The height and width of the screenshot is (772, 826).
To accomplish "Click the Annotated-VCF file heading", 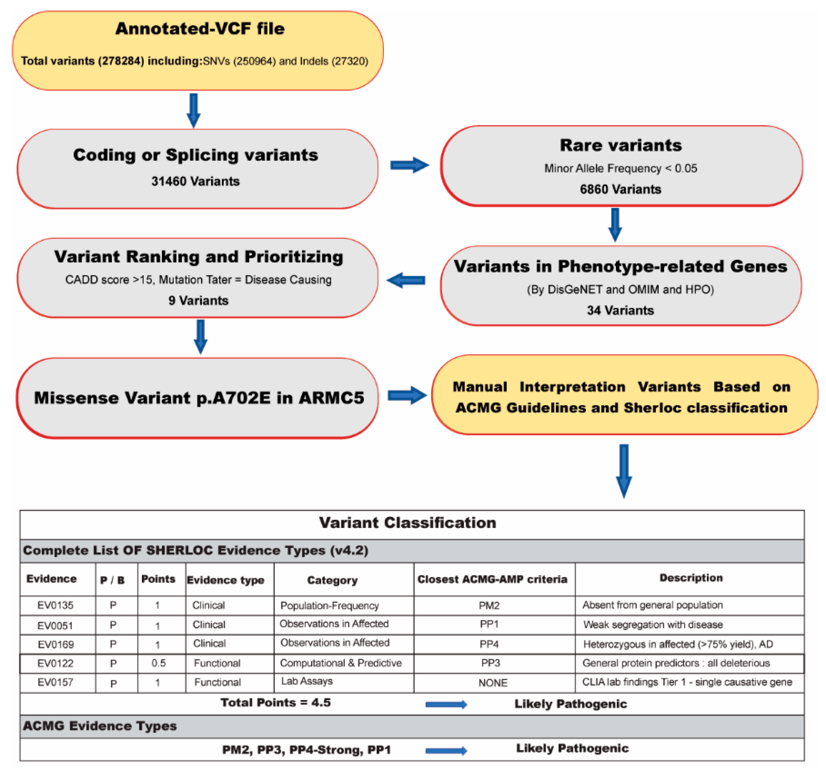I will click(200, 29).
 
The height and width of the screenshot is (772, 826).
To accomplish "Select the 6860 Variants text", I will click(620, 189).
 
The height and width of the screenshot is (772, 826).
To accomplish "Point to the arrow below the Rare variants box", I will click(615, 224).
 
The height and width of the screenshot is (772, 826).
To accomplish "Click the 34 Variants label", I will click(620, 310).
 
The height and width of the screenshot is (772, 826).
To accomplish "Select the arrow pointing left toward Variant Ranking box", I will click(406, 280).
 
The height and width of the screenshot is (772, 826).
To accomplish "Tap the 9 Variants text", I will click(198, 300).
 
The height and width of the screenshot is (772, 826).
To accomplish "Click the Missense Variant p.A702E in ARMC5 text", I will click(199, 398).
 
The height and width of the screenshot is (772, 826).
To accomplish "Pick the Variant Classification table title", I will click(407, 522).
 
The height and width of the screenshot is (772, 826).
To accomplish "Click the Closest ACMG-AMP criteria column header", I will click(492, 579).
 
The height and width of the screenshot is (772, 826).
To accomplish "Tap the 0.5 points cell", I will click(158, 663).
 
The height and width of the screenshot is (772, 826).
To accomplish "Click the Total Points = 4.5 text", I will click(275, 703).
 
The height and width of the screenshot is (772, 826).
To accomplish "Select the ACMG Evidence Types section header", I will click(100, 726).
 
